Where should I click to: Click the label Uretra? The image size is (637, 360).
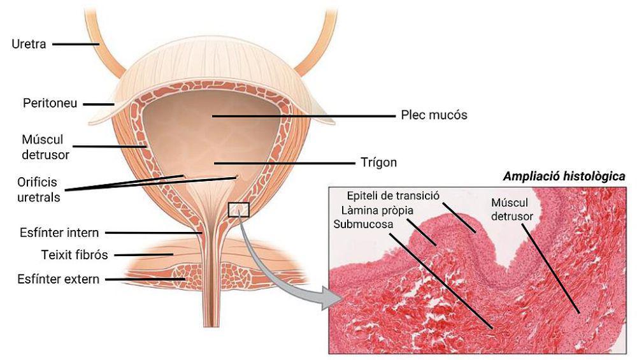pos(29,44)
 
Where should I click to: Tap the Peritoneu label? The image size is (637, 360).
pos(50,103)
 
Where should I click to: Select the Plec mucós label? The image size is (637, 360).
pos(434,115)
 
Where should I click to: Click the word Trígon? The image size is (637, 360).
pos(378,162)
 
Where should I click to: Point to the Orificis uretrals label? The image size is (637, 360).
pos(38,190)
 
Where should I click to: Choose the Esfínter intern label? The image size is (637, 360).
pos(59,233)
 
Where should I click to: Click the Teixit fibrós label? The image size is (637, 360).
pos(75,255)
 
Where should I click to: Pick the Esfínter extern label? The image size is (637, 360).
pos(59,279)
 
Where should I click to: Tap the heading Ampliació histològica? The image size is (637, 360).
pos(564,176)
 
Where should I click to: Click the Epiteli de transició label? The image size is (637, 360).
pos(393,196)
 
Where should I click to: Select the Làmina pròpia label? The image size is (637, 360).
pos(377,210)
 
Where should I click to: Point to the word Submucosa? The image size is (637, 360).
pos(363,224)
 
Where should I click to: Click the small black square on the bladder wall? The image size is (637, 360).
pos(238,210)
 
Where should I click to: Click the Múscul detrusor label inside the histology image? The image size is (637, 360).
pos(512,209)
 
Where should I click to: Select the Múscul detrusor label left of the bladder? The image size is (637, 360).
pos(45,147)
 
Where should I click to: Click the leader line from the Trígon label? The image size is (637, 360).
pos(284,163)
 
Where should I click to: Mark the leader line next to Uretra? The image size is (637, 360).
pos(76,44)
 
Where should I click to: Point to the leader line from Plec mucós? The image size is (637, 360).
pos(303,116)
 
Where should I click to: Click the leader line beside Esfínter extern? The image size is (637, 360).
pos(145,279)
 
